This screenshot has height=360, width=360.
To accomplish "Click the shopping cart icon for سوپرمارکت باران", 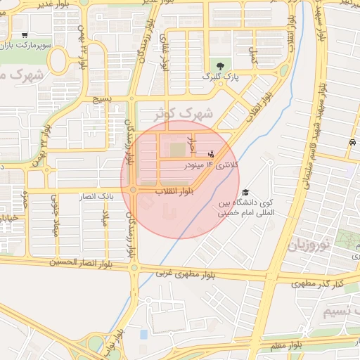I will point(25,34).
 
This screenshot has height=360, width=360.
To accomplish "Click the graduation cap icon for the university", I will point(245,192).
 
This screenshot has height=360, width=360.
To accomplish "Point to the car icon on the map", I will point(351,142).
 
